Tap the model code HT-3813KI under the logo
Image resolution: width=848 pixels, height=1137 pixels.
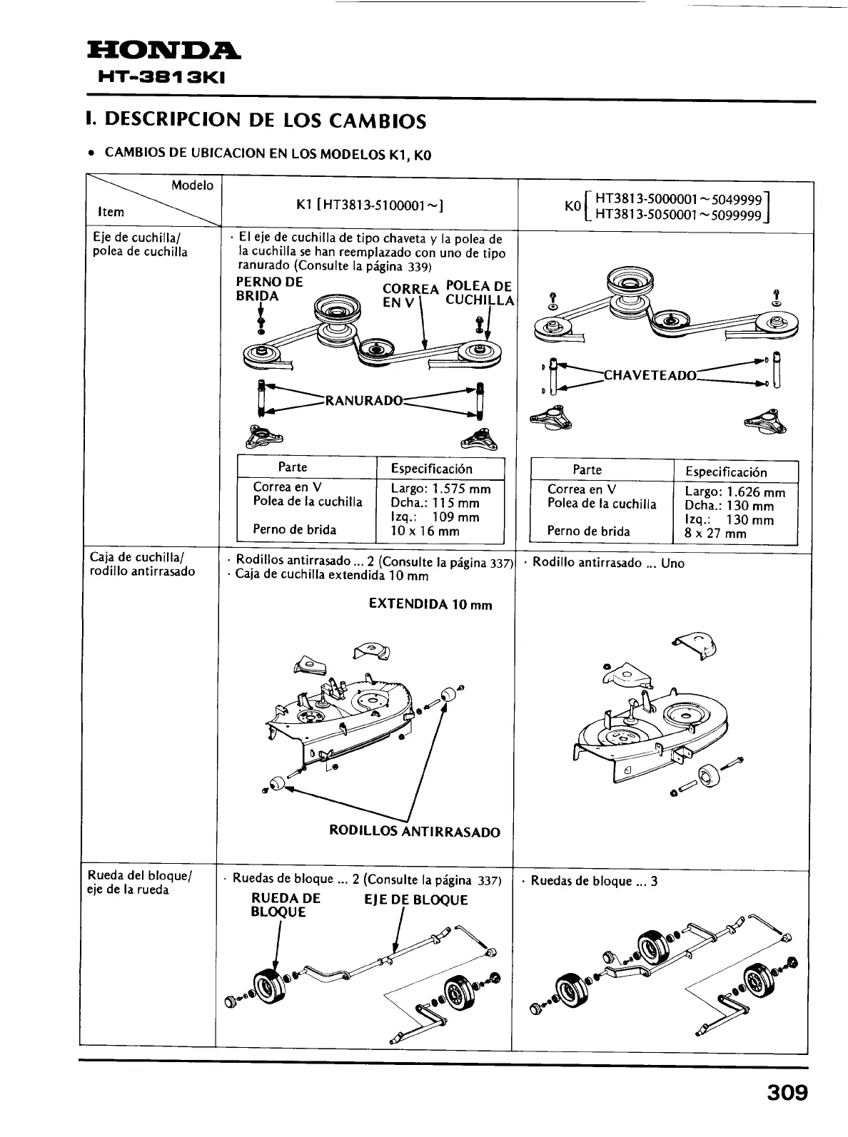click(163, 77)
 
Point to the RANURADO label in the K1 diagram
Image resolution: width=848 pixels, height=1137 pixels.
click(364, 399)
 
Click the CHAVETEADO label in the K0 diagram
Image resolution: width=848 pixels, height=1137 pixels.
click(650, 375)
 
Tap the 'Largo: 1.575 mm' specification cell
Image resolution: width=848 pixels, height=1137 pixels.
click(440, 489)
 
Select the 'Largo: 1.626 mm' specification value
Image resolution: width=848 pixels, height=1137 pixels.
click(735, 492)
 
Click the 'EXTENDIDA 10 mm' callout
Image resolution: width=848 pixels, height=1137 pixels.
click(430, 605)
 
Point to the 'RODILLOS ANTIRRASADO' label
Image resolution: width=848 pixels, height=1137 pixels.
click(414, 832)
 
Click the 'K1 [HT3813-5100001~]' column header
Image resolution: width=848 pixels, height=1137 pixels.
click(370, 205)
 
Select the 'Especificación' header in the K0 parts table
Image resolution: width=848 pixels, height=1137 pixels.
click(726, 472)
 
